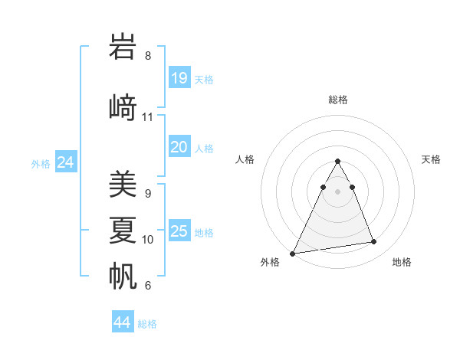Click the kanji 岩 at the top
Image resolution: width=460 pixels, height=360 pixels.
point(123,47)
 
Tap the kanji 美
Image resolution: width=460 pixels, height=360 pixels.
point(123,185)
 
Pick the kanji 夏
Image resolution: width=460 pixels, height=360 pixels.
point(123,230)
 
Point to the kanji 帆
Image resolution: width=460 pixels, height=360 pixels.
point(123,275)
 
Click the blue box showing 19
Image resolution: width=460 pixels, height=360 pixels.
point(179,77)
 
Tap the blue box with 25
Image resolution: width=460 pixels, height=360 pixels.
point(179,231)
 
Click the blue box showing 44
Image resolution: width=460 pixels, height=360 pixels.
point(123,322)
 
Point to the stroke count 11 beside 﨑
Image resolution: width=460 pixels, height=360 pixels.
point(148,117)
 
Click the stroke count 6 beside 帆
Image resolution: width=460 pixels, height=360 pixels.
point(148,286)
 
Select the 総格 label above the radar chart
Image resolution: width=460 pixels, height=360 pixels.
point(338,100)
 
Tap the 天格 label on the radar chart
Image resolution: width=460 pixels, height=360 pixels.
point(432,159)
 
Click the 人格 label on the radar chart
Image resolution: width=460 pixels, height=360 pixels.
point(245,159)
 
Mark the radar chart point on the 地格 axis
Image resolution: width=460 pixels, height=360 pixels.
point(374,242)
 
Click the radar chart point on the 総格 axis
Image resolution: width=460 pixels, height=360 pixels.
point(337,162)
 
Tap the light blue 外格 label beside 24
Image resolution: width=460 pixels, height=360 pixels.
point(41,163)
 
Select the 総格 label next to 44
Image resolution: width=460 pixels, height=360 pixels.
point(147,324)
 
